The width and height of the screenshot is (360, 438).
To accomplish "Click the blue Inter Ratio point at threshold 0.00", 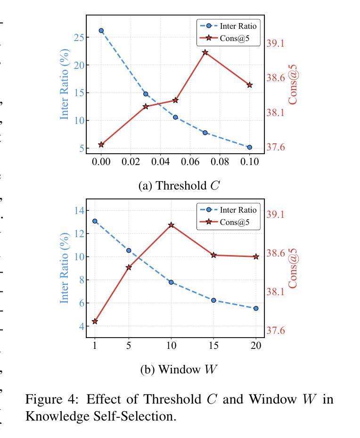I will tap(101, 31).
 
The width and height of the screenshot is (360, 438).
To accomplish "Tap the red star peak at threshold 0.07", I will tap(205, 52).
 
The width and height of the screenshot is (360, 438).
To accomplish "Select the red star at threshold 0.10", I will tap(250, 85).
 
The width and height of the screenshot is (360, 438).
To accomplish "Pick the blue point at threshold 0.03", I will tap(146, 94).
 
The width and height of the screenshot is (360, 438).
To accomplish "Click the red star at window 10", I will tap(171, 225).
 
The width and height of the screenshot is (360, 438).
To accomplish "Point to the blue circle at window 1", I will tap(95, 221).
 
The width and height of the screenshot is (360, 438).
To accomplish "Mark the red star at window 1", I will tap(95, 321).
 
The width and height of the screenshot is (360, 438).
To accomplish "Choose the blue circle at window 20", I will tap(256, 308).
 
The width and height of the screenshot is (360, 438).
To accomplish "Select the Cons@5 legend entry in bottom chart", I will tap(234, 222).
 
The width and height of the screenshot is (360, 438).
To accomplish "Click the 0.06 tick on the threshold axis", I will tap(190, 162).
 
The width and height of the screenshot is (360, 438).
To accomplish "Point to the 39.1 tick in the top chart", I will tap(276, 43).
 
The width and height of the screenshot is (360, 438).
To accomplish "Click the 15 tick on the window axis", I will tap(213, 345).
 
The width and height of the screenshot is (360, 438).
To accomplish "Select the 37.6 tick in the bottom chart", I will tap(276, 331).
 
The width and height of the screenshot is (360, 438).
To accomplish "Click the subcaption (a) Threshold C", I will tap(179, 185).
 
